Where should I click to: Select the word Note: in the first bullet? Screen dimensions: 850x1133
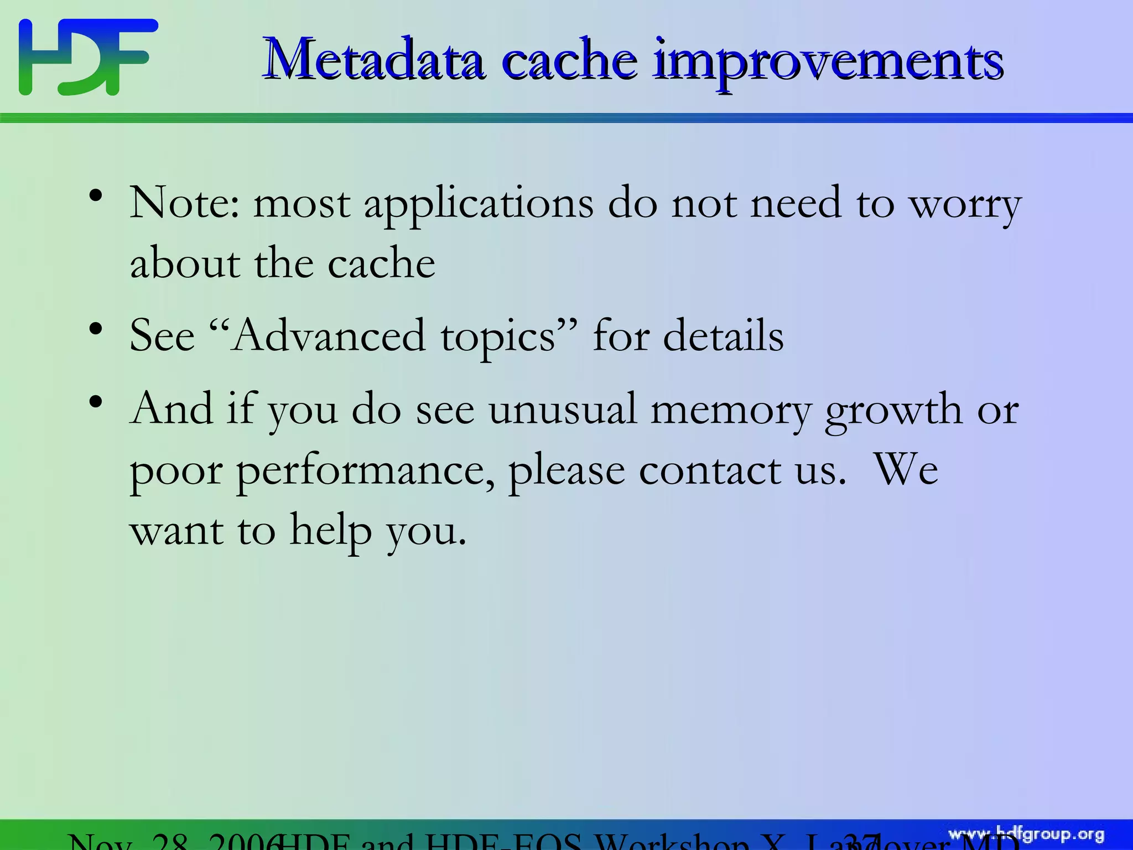(x=185, y=203)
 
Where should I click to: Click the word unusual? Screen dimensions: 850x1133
(x=562, y=410)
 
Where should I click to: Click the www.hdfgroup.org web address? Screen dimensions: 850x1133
(x=1026, y=835)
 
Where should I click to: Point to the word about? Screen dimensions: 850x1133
(x=185, y=264)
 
